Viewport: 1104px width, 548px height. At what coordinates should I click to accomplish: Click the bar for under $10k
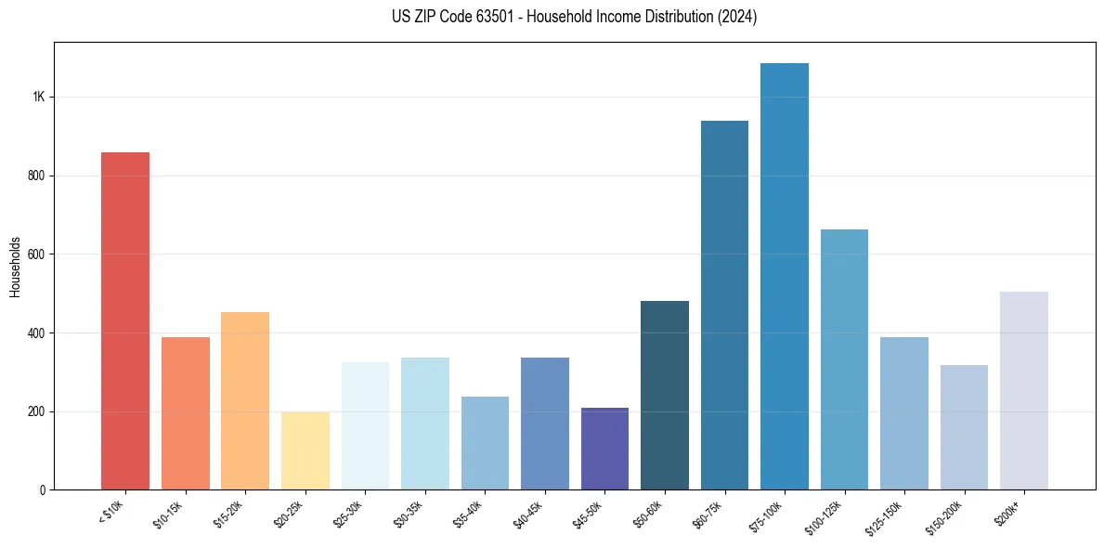click(x=125, y=320)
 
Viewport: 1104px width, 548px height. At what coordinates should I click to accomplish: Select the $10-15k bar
click(x=185, y=413)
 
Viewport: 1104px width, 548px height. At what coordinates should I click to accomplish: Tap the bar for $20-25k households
click(x=305, y=450)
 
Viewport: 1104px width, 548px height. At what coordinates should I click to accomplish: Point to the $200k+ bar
click(x=1023, y=390)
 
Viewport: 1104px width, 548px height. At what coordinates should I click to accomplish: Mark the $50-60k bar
click(x=664, y=395)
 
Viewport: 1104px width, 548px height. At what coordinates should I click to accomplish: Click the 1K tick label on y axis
click(x=40, y=98)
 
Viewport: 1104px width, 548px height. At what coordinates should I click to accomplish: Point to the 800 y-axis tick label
click(x=37, y=176)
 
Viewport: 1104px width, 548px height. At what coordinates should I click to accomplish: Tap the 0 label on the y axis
click(x=43, y=489)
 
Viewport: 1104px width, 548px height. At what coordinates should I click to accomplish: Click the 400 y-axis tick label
click(x=37, y=333)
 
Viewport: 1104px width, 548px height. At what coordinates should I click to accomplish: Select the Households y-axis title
click(x=15, y=266)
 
